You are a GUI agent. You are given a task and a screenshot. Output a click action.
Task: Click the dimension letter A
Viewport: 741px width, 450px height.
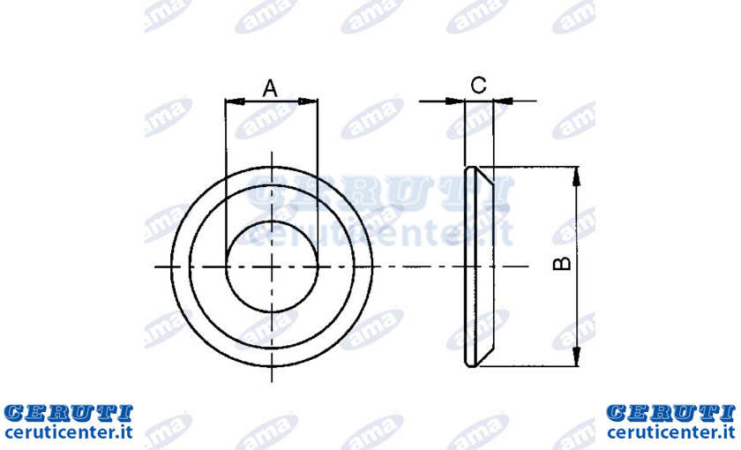(270, 88)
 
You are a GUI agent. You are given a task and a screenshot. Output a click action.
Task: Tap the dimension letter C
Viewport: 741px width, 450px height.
(479, 86)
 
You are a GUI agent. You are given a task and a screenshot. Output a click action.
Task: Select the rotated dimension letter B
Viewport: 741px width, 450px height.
(562, 263)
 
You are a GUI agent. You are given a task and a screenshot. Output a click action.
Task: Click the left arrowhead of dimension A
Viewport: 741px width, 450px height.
(235, 101)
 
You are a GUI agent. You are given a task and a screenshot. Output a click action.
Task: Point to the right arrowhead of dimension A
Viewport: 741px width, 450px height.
(308, 101)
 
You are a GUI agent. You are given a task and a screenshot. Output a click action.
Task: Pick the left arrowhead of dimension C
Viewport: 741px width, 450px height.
(455, 101)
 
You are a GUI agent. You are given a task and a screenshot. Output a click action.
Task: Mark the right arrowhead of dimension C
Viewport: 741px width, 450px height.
(504, 101)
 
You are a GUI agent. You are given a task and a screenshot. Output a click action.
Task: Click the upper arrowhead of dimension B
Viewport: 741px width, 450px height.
(576, 176)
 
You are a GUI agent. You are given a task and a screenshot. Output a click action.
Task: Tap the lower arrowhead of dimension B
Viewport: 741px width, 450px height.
(576, 356)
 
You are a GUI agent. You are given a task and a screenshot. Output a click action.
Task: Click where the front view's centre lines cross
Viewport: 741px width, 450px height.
(272, 267)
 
